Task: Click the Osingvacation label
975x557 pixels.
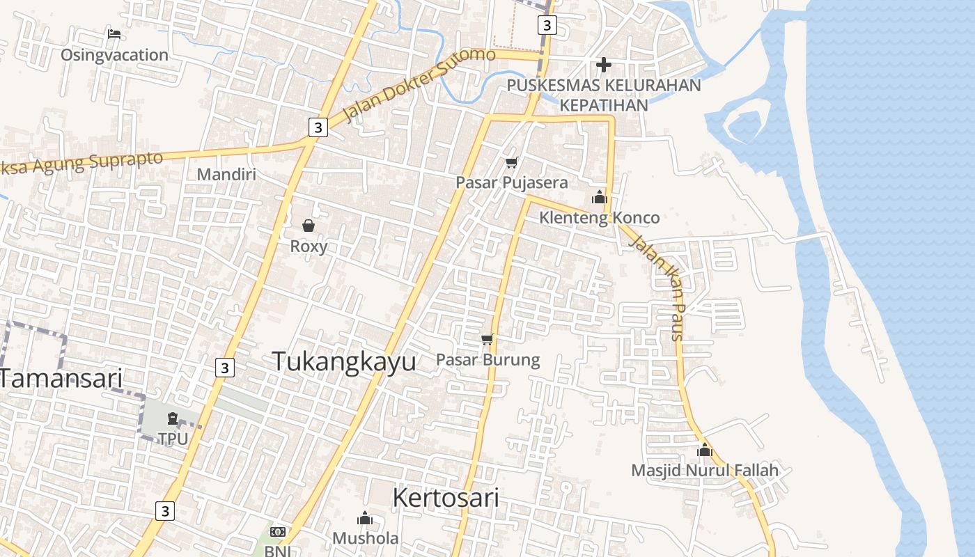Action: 114,55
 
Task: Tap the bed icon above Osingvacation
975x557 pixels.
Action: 114,33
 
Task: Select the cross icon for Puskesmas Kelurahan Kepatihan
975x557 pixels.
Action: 604,65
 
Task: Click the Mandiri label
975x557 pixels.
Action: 226,174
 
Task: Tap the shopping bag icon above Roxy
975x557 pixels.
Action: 309,226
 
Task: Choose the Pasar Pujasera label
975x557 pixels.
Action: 511,182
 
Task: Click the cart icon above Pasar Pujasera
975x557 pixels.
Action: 512,162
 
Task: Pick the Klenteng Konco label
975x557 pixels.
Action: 599,218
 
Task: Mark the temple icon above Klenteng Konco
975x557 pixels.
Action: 599,198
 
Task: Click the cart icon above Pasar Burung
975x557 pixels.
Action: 487,340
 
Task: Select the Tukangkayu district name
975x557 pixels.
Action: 344,361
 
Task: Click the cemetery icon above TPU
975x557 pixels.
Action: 173,418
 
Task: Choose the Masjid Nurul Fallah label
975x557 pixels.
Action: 704,471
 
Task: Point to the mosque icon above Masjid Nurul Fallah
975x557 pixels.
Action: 705,450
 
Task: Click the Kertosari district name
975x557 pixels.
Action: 446,498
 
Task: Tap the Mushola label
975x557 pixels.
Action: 365,538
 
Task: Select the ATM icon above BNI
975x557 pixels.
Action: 278,532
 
